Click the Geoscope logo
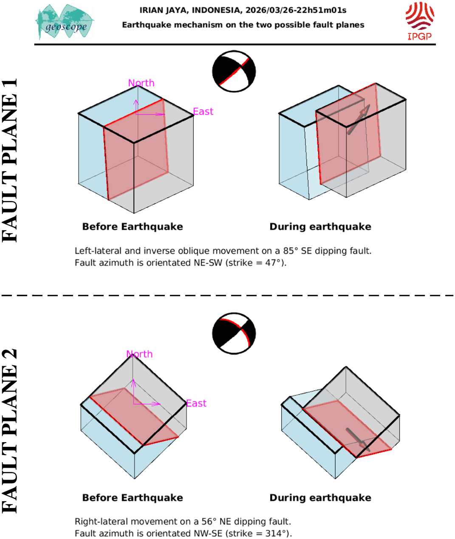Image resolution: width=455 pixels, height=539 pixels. [x=65, y=22]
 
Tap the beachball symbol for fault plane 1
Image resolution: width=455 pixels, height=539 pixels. [x=234, y=71]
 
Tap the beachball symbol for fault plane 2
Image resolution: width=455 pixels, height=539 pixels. [x=234, y=333]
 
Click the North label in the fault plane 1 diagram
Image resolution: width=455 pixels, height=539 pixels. [x=141, y=83]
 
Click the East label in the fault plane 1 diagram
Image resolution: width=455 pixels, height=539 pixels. [x=203, y=111]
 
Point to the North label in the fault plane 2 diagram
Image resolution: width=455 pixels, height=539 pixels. [x=139, y=354]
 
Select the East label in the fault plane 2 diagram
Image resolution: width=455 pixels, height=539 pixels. [x=196, y=403]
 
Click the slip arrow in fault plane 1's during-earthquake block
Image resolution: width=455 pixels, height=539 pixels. [x=358, y=119]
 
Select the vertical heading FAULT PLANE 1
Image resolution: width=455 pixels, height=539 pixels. [x=10, y=160]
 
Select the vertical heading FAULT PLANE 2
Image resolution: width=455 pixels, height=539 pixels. [x=10, y=431]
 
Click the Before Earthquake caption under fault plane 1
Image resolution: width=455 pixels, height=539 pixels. [x=133, y=227]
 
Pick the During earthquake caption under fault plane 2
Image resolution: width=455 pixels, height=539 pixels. [x=320, y=498]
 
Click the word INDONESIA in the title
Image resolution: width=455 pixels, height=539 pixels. [x=216, y=10]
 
